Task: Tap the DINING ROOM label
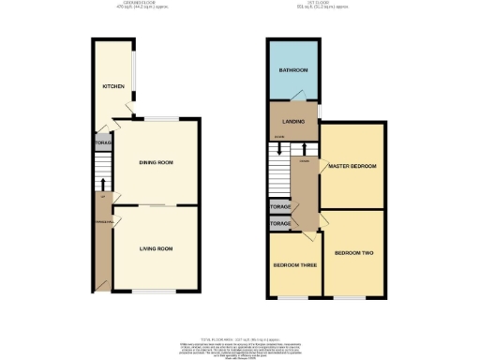pos(157,163)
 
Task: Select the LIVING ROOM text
pos(157,248)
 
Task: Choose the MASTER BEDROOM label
pos(352,166)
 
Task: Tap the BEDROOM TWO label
pos(354,253)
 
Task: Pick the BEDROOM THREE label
pos(293,264)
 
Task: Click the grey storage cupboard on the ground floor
pos(102,143)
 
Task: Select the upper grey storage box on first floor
pos(280,206)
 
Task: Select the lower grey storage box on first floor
pos(280,224)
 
